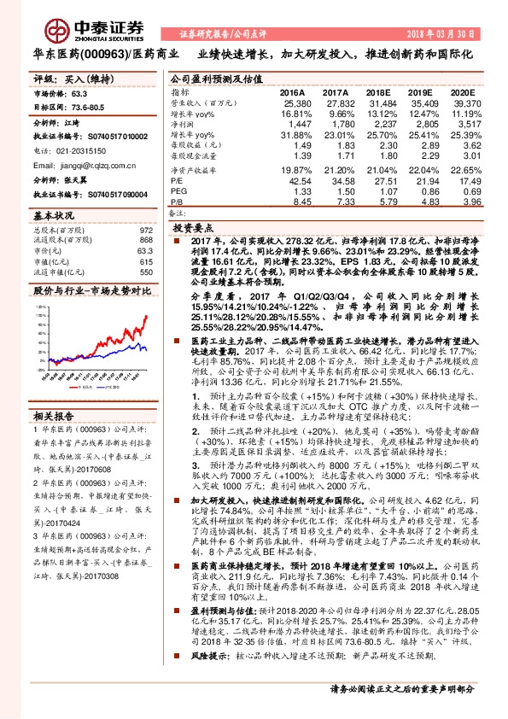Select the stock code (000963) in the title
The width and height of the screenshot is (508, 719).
coord(103,53)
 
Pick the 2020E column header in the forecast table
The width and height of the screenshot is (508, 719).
coord(462,91)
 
